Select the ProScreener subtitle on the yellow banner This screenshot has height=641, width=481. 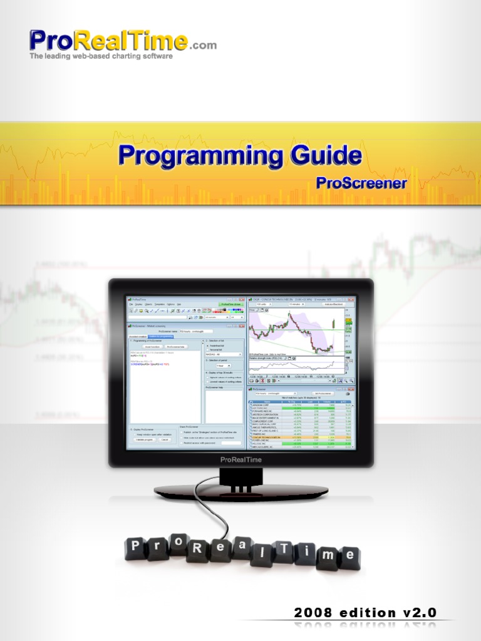coord(361,183)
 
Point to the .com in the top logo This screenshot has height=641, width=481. coord(202,45)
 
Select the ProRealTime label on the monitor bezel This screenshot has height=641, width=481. coord(240,459)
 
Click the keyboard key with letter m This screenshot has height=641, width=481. coord(326,556)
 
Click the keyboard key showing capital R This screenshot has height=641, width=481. coord(197,548)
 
